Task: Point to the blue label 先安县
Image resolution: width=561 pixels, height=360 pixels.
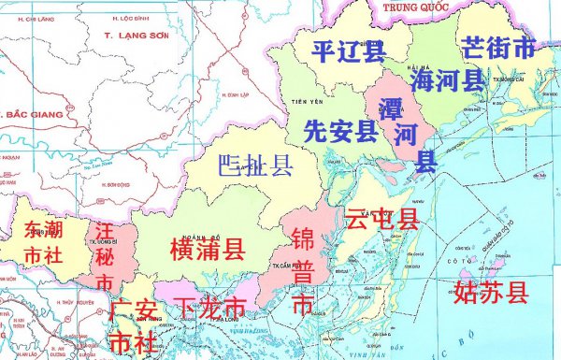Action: coord(341,131)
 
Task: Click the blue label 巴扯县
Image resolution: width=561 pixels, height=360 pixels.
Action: coord(254,167)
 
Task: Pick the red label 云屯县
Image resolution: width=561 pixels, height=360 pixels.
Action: coord(382,220)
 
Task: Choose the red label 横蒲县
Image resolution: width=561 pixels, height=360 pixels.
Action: coord(208,249)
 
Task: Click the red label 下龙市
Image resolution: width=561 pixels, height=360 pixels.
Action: coord(212,307)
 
